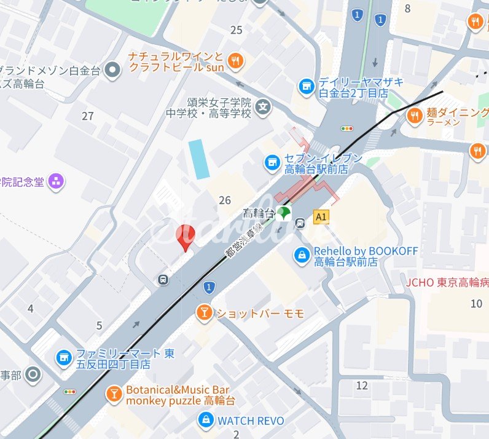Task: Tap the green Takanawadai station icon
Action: tap(283, 213)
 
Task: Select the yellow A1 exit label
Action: tap(320, 216)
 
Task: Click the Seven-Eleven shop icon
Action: tap(272, 163)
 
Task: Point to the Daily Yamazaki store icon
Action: tap(306, 87)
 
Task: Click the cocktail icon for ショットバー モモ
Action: tap(203, 313)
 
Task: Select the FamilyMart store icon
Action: tap(63, 357)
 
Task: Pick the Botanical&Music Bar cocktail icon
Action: tap(114, 394)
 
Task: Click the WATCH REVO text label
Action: tap(251, 421)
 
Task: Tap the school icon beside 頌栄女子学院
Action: tap(264, 107)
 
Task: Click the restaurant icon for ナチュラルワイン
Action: tap(235, 60)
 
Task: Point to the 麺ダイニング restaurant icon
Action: tap(415, 115)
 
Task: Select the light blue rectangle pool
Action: tap(199, 159)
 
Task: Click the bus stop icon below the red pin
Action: tap(163, 280)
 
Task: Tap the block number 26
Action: tap(225, 200)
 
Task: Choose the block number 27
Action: tap(88, 116)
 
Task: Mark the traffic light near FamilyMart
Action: tap(69, 391)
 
